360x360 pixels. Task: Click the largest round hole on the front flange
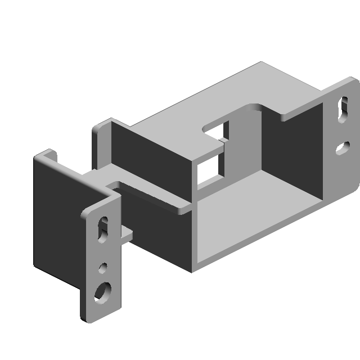103,291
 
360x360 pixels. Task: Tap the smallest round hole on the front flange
103,267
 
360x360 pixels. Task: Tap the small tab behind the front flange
127,235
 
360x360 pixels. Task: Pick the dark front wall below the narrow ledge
163,236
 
